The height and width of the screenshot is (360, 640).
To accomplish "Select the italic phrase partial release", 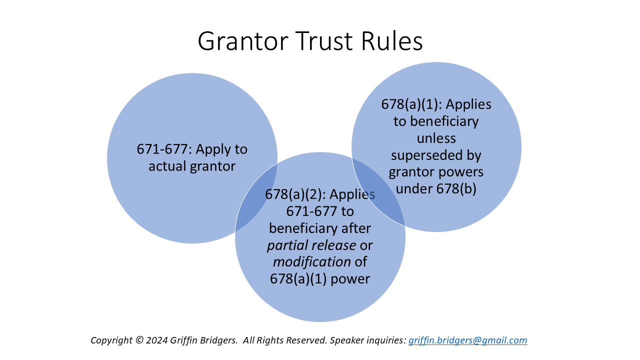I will (311, 245).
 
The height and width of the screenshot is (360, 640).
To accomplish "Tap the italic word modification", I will (311, 262).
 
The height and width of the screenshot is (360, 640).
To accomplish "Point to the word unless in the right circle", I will (436, 138).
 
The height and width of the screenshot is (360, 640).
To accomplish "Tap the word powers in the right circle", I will (463, 172).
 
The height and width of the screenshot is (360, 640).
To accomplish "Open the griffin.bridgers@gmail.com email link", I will (467, 340).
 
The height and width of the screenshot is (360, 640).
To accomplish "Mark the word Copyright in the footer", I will (111, 340).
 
